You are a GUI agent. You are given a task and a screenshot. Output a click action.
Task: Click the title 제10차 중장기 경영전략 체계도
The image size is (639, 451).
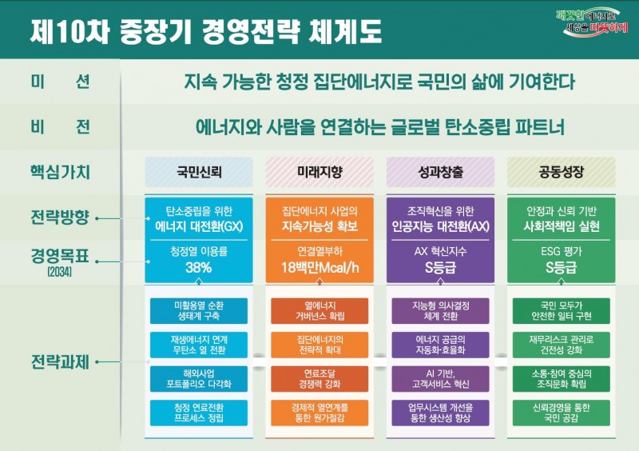[x=206, y=31]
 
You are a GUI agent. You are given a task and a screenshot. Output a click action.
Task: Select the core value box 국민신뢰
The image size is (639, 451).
[x=199, y=172]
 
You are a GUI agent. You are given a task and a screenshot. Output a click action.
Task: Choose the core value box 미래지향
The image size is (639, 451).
[x=319, y=172]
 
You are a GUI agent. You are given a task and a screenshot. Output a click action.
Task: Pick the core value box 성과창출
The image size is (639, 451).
[x=440, y=172]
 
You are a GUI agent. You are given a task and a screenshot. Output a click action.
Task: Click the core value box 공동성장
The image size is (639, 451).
[x=562, y=172]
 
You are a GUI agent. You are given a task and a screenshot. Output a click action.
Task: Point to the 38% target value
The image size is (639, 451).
[x=199, y=268]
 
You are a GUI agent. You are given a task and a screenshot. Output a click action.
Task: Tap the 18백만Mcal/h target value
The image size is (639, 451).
[x=319, y=268]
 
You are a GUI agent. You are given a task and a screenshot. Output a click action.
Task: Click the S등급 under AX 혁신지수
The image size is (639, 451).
[x=440, y=268]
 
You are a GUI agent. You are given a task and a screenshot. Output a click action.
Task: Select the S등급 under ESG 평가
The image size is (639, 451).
[x=562, y=268]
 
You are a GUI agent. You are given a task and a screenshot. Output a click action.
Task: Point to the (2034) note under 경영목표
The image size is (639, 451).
[x=61, y=273]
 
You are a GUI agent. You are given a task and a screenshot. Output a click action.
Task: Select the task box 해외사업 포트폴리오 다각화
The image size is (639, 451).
[x=199, y=379]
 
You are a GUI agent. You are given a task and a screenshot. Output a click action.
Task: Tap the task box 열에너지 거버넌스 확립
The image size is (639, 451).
[x=319, y=310]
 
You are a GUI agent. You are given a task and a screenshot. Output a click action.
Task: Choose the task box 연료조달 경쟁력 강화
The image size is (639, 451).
[x=319, y=379]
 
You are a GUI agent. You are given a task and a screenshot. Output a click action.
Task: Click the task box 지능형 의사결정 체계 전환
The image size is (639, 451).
[x=440, y=310]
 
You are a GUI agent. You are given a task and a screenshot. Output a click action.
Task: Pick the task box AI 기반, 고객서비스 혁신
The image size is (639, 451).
[x=440, y=379]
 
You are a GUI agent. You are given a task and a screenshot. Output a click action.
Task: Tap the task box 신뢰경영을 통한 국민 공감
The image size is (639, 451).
[x=562, y=413]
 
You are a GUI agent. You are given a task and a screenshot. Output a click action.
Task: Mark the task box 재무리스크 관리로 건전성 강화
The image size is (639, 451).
[x=562, y=345]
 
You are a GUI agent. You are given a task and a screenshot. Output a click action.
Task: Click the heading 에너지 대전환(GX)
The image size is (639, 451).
[x=199, y=225]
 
